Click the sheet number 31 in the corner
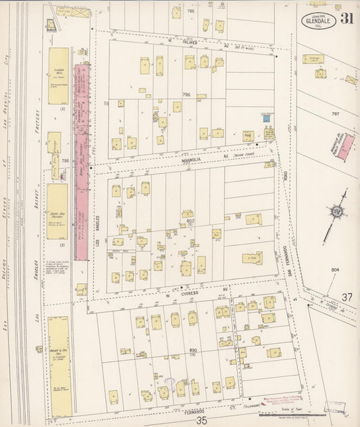[x=346, y=18]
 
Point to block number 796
[x=186, y=94]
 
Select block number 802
[x=190, y=221]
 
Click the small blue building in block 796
[x=267, y=118]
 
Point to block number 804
[x=335, y=270]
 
